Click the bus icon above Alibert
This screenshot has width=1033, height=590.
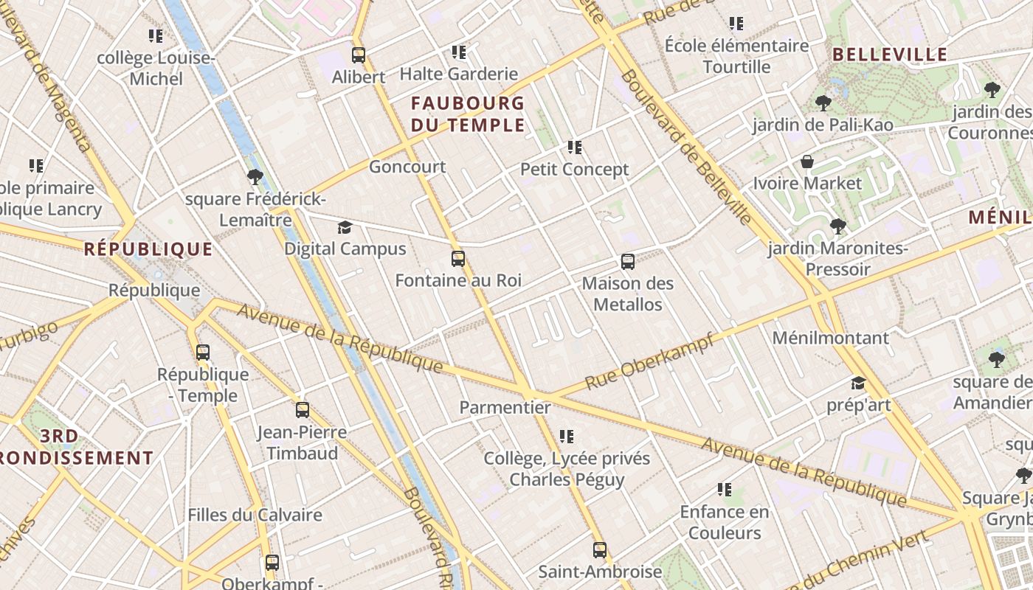point(359,55)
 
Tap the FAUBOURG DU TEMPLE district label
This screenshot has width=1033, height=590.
point(468,114)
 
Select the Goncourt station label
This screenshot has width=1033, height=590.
point(407,167)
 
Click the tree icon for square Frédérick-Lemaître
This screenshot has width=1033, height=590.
point(255,177)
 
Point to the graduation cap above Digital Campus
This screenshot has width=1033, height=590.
point(345,227)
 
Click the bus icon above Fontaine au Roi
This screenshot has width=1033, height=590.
point(458,259)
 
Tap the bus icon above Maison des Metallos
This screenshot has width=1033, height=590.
point(628,262)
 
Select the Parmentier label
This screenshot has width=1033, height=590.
point(505,407)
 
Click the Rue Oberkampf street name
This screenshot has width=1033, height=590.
point(649,362)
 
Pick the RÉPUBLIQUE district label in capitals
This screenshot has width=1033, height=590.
point(148,249)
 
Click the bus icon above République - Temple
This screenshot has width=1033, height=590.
point(203,353)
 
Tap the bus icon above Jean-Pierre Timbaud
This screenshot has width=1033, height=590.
point(303,410)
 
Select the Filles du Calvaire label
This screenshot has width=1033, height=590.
point(255,515)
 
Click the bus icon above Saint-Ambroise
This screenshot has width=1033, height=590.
point(600,549)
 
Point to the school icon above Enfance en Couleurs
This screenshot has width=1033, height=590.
point(725,490)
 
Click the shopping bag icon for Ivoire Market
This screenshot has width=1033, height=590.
point(808,162)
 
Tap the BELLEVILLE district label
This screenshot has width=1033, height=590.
point(890,55)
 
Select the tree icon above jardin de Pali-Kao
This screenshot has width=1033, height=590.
point(823,103)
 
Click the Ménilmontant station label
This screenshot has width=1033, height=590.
point(830,338)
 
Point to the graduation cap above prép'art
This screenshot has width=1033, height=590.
point(858,383)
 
